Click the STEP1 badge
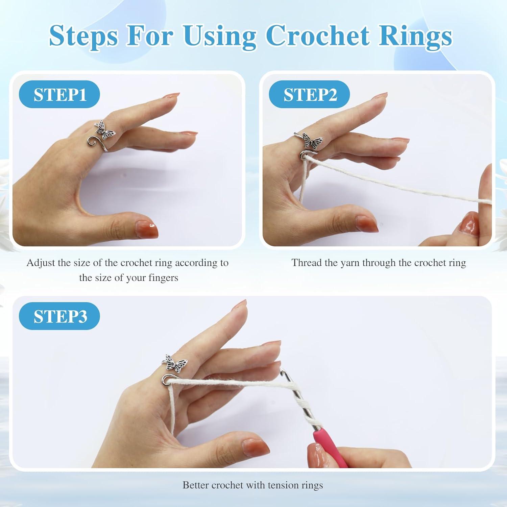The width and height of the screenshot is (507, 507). pos(59,94)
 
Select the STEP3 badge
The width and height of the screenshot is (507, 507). pos(59,316)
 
